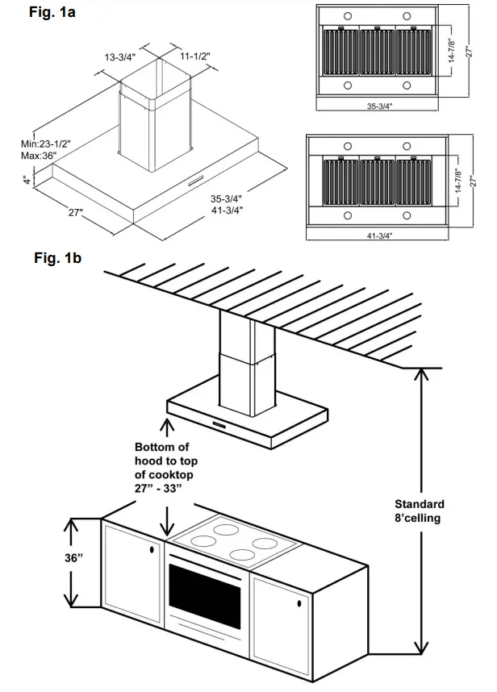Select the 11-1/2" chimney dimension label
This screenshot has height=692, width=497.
[196, 58]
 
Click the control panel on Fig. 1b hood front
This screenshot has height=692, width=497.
[219, 422]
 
